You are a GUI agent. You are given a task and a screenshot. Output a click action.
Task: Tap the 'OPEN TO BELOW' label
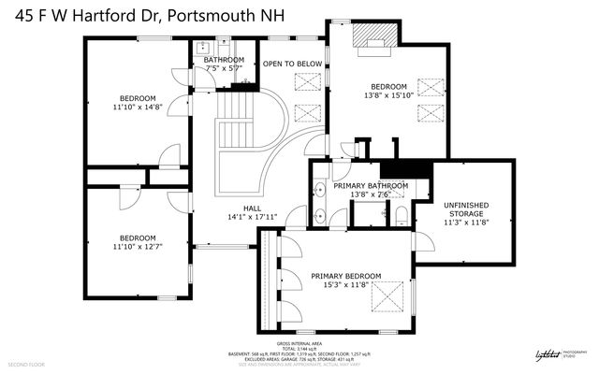293,64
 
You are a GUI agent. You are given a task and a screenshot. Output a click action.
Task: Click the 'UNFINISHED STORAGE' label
465,210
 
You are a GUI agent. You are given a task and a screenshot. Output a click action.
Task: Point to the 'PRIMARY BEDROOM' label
346,276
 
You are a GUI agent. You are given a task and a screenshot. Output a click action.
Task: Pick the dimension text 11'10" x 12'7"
138,248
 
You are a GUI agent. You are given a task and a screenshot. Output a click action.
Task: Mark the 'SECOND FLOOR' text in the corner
26,363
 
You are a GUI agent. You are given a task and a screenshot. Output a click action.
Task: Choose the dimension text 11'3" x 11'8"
465,223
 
